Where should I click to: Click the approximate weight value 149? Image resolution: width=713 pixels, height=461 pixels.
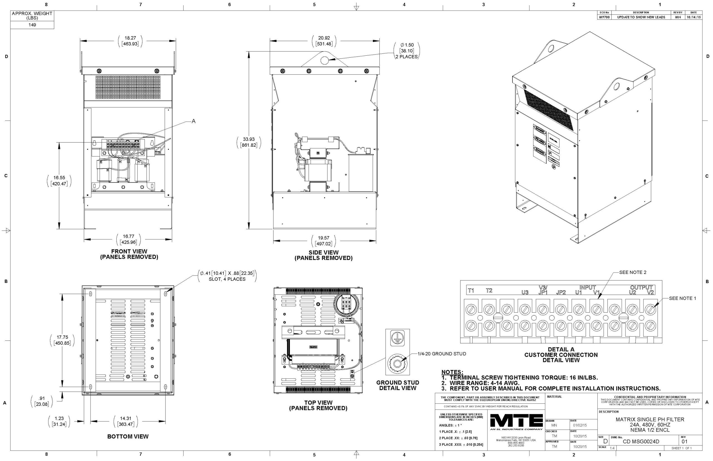tap(32, 25)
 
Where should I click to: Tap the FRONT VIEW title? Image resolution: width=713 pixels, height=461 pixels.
tap(129, 251)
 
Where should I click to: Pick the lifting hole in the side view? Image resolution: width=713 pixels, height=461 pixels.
tap(324, 60)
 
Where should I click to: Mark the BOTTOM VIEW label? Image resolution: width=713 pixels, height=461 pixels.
tap(128, 437)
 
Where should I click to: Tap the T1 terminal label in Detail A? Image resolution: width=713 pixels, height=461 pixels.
tap(471, 291)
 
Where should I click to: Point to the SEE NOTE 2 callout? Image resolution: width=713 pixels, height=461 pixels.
tap(633, 273)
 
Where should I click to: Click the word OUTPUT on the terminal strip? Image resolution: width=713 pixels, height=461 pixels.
tap(641, 287)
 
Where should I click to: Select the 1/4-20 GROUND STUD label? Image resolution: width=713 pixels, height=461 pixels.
tap(442, 354)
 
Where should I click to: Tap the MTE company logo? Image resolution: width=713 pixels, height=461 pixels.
tap(516, 421)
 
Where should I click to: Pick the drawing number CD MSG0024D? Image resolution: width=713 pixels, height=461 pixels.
tap(641, 442)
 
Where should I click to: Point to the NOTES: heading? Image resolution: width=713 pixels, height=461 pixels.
tap(452, 372)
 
